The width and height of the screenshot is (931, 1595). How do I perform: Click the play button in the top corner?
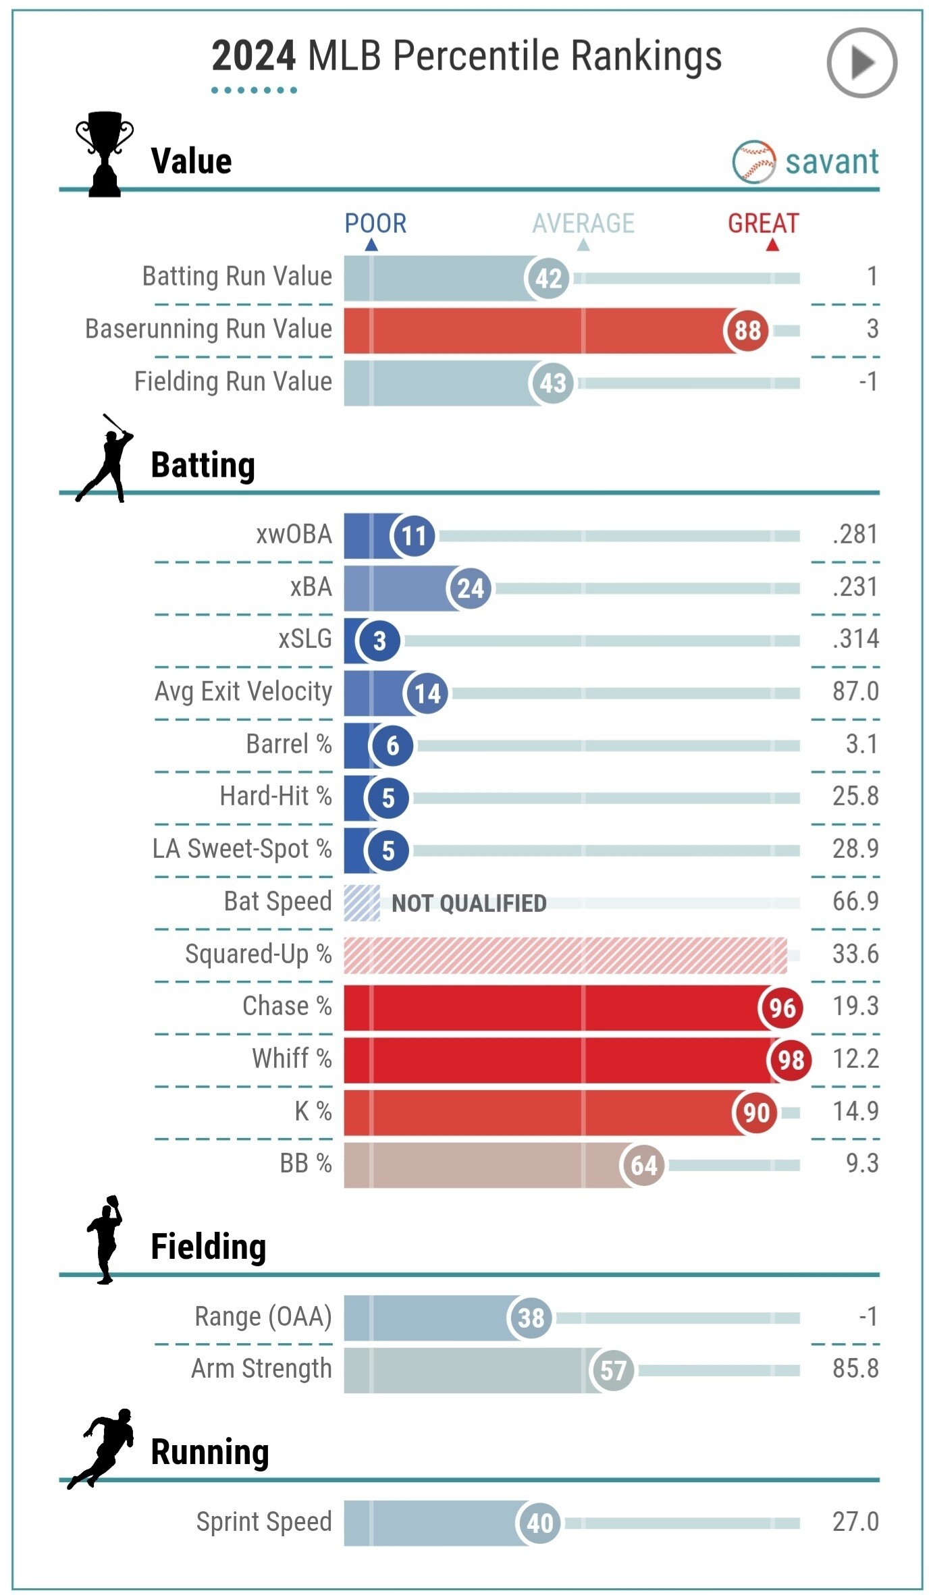(x=861, y=63)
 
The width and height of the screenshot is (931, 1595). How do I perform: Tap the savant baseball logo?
(x=753, y=162)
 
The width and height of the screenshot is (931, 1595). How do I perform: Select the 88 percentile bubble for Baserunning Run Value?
(x=747, y=331)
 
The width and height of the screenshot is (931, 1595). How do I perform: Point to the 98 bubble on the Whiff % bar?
(x=790, y=1060)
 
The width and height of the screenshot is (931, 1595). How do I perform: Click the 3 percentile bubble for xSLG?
(x=379, y=641)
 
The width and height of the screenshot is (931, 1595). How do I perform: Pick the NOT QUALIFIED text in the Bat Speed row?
(x=469, y=903)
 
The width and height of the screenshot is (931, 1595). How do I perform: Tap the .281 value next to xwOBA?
(x=855, y=535)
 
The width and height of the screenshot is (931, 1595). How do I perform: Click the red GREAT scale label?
(x=763, y=223)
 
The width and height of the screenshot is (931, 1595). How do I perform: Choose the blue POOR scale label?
(x=375, y=223)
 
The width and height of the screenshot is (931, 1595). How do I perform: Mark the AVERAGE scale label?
(x=583, y=223)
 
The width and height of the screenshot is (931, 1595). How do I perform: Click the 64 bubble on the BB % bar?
(x=643, y=1165)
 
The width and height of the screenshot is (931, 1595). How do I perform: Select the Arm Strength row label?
(x=261, y=1369)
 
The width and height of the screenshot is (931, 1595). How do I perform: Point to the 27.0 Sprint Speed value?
(x=855, y=1522)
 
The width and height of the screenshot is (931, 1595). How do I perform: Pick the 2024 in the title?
(x=253, y=56)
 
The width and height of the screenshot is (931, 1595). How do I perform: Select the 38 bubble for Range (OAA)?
(x=531, y=1318)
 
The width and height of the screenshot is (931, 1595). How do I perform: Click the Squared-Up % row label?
(x=258, y=954)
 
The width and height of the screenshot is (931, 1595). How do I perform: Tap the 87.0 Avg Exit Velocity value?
(x=855, y=692)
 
